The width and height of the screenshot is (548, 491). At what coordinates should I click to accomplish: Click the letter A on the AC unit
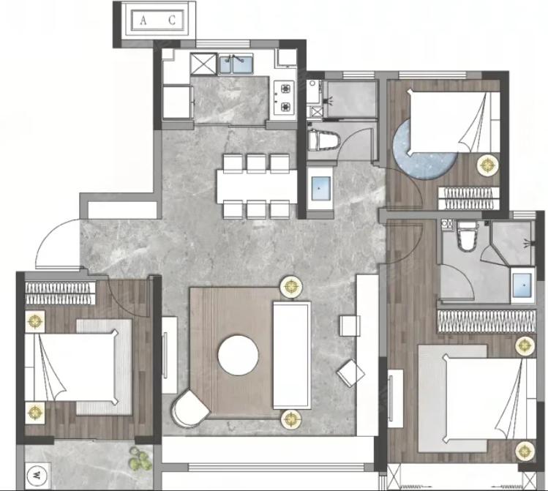143,20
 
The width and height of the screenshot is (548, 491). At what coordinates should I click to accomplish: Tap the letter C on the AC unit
172,20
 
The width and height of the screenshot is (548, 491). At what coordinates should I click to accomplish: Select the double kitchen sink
236,64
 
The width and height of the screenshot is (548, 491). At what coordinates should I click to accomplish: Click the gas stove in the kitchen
284,98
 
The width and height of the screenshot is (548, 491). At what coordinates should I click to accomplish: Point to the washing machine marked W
37,476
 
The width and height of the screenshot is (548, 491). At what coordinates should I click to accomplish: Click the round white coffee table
239,356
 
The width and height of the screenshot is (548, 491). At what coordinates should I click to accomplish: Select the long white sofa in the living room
292,355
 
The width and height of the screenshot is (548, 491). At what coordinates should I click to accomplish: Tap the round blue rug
424,149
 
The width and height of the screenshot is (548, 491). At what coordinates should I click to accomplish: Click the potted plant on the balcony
140,459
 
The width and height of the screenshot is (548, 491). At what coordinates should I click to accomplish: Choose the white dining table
257,187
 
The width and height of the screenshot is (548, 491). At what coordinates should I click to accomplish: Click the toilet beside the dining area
324,140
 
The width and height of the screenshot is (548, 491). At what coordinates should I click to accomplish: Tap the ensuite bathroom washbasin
523,285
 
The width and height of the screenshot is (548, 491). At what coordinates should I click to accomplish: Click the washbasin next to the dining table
320,188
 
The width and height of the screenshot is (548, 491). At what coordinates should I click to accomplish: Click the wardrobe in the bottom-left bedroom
60,293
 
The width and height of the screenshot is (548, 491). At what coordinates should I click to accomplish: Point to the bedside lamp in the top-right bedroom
488,165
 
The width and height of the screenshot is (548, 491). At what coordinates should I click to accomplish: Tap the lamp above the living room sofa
291,287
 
